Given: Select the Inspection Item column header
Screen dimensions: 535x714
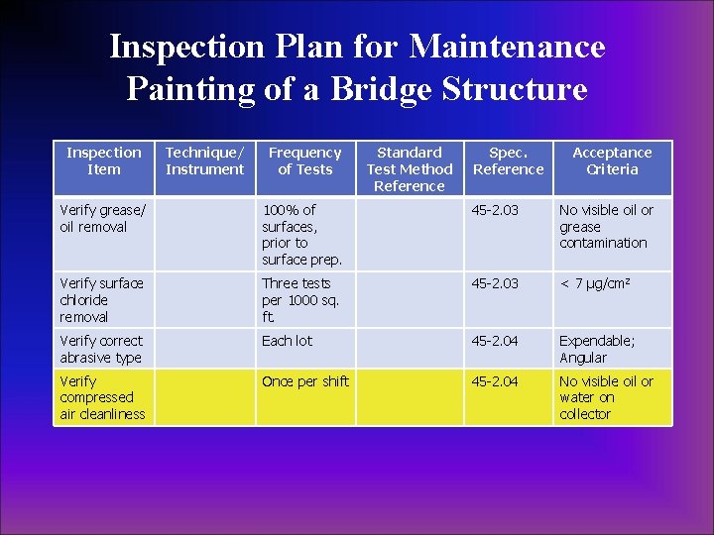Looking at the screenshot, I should click(x=103, y=160).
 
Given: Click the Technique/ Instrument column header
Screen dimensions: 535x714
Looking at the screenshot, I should click(x=204, y=160).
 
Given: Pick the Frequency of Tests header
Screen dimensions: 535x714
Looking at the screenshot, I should click(x=304, y=160).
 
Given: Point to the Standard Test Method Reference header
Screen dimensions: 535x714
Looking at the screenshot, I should click(x=409, y=168).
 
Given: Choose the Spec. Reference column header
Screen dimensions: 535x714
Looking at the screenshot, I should click(x=508, y=160).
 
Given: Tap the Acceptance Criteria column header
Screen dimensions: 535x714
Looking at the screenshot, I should click(x=612, y=160).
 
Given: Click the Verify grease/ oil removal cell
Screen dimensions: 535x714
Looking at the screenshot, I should click(x=102, y=218).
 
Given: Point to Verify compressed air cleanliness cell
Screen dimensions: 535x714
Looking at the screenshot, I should click(x=102, y=397).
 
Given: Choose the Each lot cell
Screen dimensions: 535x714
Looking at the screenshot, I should click(x=287, y=341).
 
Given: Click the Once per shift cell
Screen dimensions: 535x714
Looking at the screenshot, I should click(x=305, y=381).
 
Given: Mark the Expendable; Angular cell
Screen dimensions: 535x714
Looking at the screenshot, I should click(x=597, y=349).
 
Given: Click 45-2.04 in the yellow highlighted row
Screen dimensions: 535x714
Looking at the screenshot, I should click(x=494, y=381).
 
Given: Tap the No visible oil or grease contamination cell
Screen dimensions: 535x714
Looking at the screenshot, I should click(x=606, y=226).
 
